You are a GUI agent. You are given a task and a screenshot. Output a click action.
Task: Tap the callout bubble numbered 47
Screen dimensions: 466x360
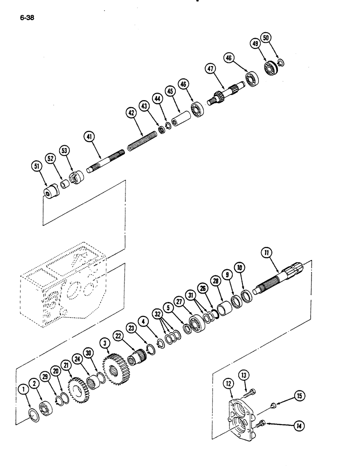point(211,69)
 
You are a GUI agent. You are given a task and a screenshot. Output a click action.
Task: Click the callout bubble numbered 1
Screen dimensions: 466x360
point(21,389)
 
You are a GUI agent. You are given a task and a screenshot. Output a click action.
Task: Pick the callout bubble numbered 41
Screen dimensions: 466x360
point(90,137)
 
